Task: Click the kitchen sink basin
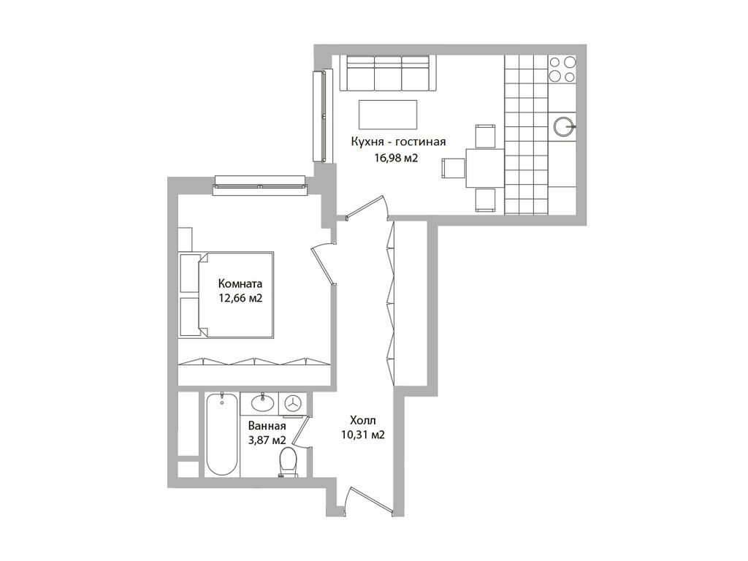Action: (x=563, y=126)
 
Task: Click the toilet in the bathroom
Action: (x=288, y=462)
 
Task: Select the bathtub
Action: (x=221, y=435)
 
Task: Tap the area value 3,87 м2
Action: (x=266, y=440)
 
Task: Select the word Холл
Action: (x=362, y=420)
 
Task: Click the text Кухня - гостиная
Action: (x=397, y=142)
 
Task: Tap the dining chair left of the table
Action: (x=453, y=168)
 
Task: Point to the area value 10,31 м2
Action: (x=362, y=435)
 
